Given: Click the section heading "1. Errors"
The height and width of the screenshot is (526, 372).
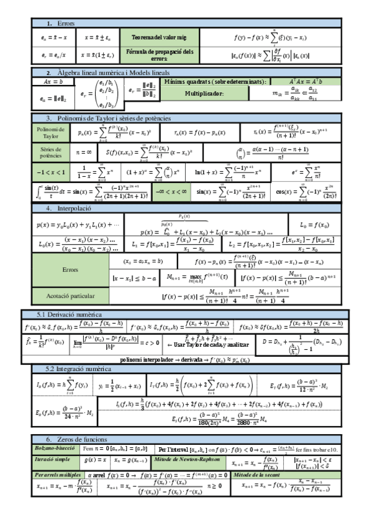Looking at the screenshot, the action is coord(61,23).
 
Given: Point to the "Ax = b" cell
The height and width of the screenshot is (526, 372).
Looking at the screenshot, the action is coord(49,81).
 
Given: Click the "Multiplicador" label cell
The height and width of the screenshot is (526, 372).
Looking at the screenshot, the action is coord(204,94).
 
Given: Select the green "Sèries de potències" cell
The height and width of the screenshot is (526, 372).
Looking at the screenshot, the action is coord(50,152).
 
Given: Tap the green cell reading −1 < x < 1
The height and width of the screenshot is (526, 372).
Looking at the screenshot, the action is coord(50,172).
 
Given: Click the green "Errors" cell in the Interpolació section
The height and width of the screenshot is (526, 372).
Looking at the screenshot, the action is coord(70,270).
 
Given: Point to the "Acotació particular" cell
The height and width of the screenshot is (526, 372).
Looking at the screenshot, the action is coord(70,296).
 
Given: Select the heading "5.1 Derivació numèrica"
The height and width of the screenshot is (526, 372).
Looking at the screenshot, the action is coord(70,314).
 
